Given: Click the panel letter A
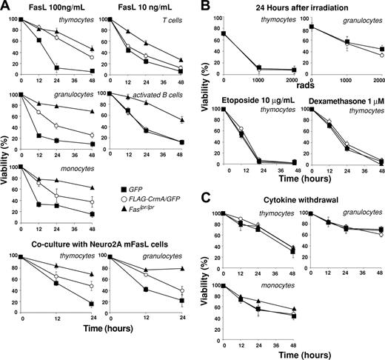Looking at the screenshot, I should [x=6, y=7].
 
